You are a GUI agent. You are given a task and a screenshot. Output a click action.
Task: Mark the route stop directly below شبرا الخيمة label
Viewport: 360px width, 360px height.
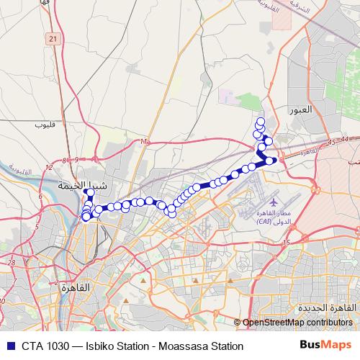90,194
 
